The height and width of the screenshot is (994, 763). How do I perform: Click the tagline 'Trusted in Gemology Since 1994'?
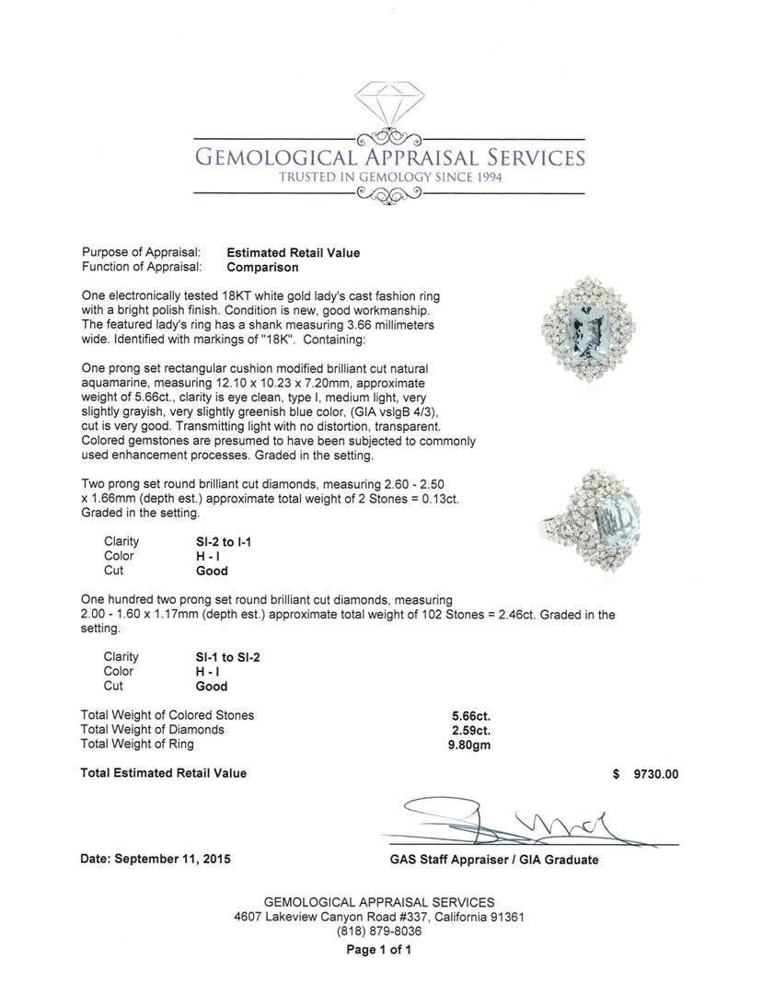(x=390, y=177)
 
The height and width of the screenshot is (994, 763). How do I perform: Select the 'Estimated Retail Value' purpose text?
(x=293, y=252)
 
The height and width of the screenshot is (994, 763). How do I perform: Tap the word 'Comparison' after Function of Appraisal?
(x=262, y=267)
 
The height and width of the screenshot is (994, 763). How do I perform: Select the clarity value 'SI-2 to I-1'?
(x=217, y=542)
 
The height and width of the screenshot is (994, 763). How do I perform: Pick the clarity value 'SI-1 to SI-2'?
(x=223, y=657)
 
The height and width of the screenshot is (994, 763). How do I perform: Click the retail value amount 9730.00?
(x=655, y=774)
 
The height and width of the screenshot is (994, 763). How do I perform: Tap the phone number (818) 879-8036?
(x=379, y=931)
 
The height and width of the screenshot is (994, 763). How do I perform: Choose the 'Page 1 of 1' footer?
(x=378, y=950)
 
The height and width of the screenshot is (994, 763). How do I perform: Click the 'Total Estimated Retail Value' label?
(x=163, y=773)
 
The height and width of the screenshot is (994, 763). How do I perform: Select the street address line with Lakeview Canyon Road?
(x=379, y=917)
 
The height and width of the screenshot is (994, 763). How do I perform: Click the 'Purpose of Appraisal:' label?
(x=134, y=252)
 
